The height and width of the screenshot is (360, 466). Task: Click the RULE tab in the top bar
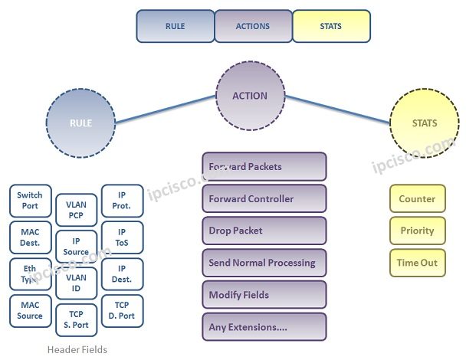point(175,26)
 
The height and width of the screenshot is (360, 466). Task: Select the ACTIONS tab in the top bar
point(253,26)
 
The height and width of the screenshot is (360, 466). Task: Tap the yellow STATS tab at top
point(331,26)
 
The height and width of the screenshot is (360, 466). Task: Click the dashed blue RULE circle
point(80,123)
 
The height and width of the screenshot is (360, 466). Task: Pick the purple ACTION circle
point(250,97)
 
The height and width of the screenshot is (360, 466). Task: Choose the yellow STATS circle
point(424,123)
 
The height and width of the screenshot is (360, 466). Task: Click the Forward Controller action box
point(264,199)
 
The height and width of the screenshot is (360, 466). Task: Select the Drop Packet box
point(264,231)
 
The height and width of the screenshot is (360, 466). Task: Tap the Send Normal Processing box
point(264,263)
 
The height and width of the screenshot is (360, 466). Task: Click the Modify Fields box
point(264,295)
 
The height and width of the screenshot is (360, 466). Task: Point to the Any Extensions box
point(264,327)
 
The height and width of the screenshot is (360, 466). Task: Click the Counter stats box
point(416,199)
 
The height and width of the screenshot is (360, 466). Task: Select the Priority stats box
point(416,231)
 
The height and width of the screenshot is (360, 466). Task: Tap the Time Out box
point(416,263)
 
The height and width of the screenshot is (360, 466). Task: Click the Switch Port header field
point(31,201)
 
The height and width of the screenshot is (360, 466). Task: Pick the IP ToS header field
point(122,237)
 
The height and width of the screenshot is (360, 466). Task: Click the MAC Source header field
point(31,311)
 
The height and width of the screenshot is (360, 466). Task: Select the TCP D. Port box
point(122,310)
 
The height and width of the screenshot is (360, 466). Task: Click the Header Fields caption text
point(76,349)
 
